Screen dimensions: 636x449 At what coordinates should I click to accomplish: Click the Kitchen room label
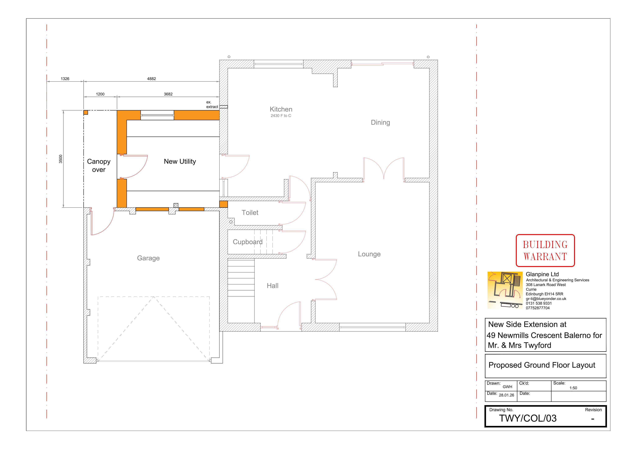click(x=281, y=109)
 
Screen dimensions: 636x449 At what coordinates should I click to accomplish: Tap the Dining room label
click(x=380, y=122)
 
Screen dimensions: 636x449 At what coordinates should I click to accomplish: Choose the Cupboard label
click(x=248, y=242)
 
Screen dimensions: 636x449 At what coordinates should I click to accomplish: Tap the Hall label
click(x=273, y=286)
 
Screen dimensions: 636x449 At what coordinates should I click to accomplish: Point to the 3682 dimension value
click(x=168, y=94)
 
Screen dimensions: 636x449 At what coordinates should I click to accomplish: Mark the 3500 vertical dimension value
click(x=61, y=159)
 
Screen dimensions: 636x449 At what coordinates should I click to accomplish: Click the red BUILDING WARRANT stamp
click(x=545, y=251)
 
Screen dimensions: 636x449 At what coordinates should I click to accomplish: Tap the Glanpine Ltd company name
click(x=542, y=274)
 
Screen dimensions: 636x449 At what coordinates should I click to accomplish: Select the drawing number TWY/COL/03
click(x=528, y=418)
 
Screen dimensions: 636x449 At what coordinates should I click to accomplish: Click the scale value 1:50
click(x=573, y=388)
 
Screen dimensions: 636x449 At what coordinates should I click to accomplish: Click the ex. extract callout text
click(x=212, y=104)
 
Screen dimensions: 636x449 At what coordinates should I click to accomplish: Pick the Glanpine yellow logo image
click(x=505, y=290)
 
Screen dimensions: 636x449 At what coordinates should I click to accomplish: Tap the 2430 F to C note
click(x=281, y=116)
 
